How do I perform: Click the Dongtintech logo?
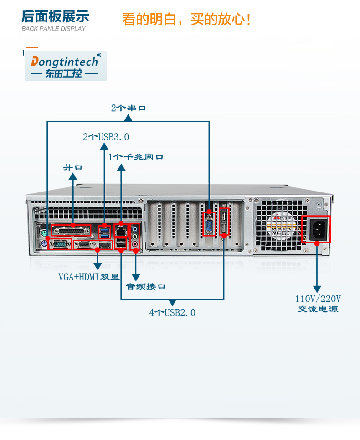tap(65, 67)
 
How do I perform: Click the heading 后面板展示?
tap(55, 16)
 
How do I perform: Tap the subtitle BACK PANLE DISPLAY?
tap(54, 29)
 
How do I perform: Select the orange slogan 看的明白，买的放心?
tap(187, 20)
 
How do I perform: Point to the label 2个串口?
tap(128, 109)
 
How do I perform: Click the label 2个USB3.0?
tap(106, 137)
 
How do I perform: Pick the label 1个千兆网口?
tap(135, 157)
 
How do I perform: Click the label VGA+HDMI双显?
tap(88, 277)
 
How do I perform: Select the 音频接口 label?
tap(145, 287)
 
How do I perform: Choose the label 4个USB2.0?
tap(172, 313)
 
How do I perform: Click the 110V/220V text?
tap(318, 299)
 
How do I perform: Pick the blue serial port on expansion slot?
tap(209, 224)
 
